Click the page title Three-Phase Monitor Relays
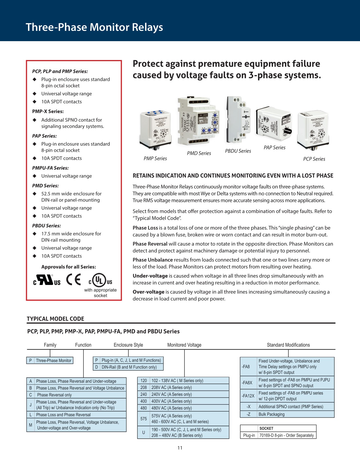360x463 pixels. (x=94, y=27)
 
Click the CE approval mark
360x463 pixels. (x=73, y=280)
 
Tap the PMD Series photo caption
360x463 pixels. (x=199, y=153)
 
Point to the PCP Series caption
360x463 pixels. (x=314, y=159)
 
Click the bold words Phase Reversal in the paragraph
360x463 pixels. (x=150, y=244)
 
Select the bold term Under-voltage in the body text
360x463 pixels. (x=150, y=276)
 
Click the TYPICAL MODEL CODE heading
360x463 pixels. (x=55, y=319)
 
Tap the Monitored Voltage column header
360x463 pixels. (x=184, y=345)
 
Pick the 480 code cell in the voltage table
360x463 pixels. (x=143, y=408)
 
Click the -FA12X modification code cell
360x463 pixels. (x=248, y=396)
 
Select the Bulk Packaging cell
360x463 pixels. (x=271, y=414)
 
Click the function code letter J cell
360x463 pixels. (x=31, y=405)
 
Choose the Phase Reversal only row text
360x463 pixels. (x=54, y=395)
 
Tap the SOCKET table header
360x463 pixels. (x=266, y=428)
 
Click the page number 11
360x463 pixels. (x=180, y=448)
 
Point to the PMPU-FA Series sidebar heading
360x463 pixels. (x=50, y=168)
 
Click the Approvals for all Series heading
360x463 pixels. (x=69, y=267)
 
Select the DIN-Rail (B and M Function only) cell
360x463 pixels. (x=129, y=367)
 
